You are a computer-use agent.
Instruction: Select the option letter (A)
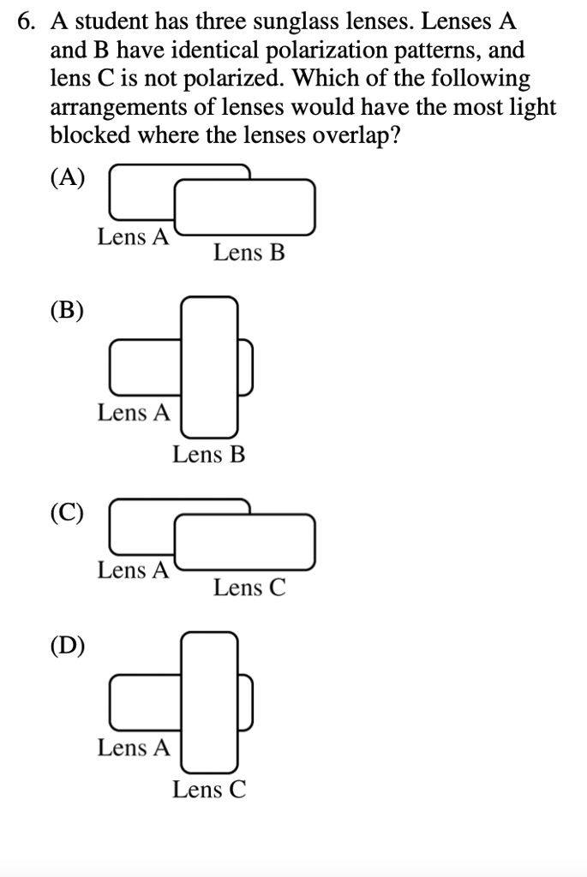point(68,177)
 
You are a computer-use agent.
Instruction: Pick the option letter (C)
point(68,512)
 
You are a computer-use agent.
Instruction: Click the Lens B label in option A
point(249,254)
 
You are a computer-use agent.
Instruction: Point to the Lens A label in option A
point(134,237)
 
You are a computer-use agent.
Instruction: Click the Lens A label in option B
point(134,413)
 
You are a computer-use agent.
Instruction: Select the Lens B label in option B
point(208,455)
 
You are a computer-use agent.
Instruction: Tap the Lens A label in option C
point(134,570)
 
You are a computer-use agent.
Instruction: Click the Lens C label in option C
point(249,588)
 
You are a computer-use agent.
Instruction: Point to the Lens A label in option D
point(134,748)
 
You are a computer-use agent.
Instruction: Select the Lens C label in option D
point(209,790)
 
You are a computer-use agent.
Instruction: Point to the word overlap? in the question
point(351,137)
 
